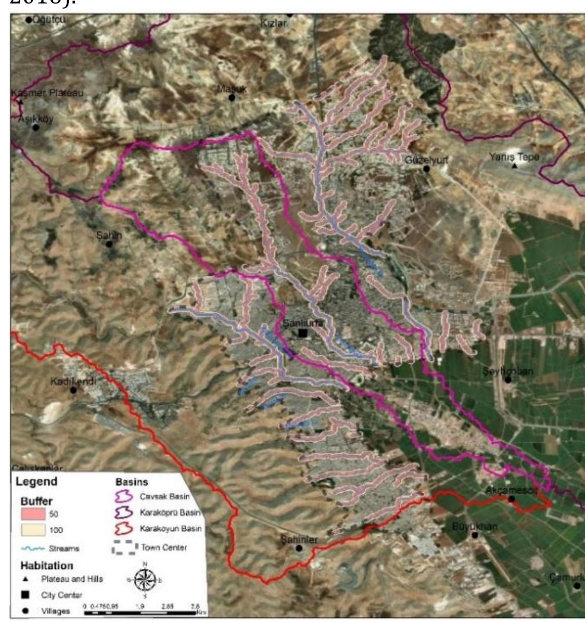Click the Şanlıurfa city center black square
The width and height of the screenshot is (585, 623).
tap(302, 333)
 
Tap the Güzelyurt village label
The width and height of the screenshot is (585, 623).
tap(420, 158)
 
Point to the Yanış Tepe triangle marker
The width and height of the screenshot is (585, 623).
tap(514, 166)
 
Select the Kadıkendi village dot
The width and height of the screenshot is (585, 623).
tap(74, 390)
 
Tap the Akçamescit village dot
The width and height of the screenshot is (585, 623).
tap(511, 498)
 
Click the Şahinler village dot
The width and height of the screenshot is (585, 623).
tap(300, 548)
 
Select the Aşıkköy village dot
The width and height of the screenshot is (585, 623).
tap(36, 127)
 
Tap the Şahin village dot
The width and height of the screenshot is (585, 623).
tap(109, 243)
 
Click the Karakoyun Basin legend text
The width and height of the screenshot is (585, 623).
tap(170, 529)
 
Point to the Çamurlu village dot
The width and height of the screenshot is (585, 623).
tap(577, 585)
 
